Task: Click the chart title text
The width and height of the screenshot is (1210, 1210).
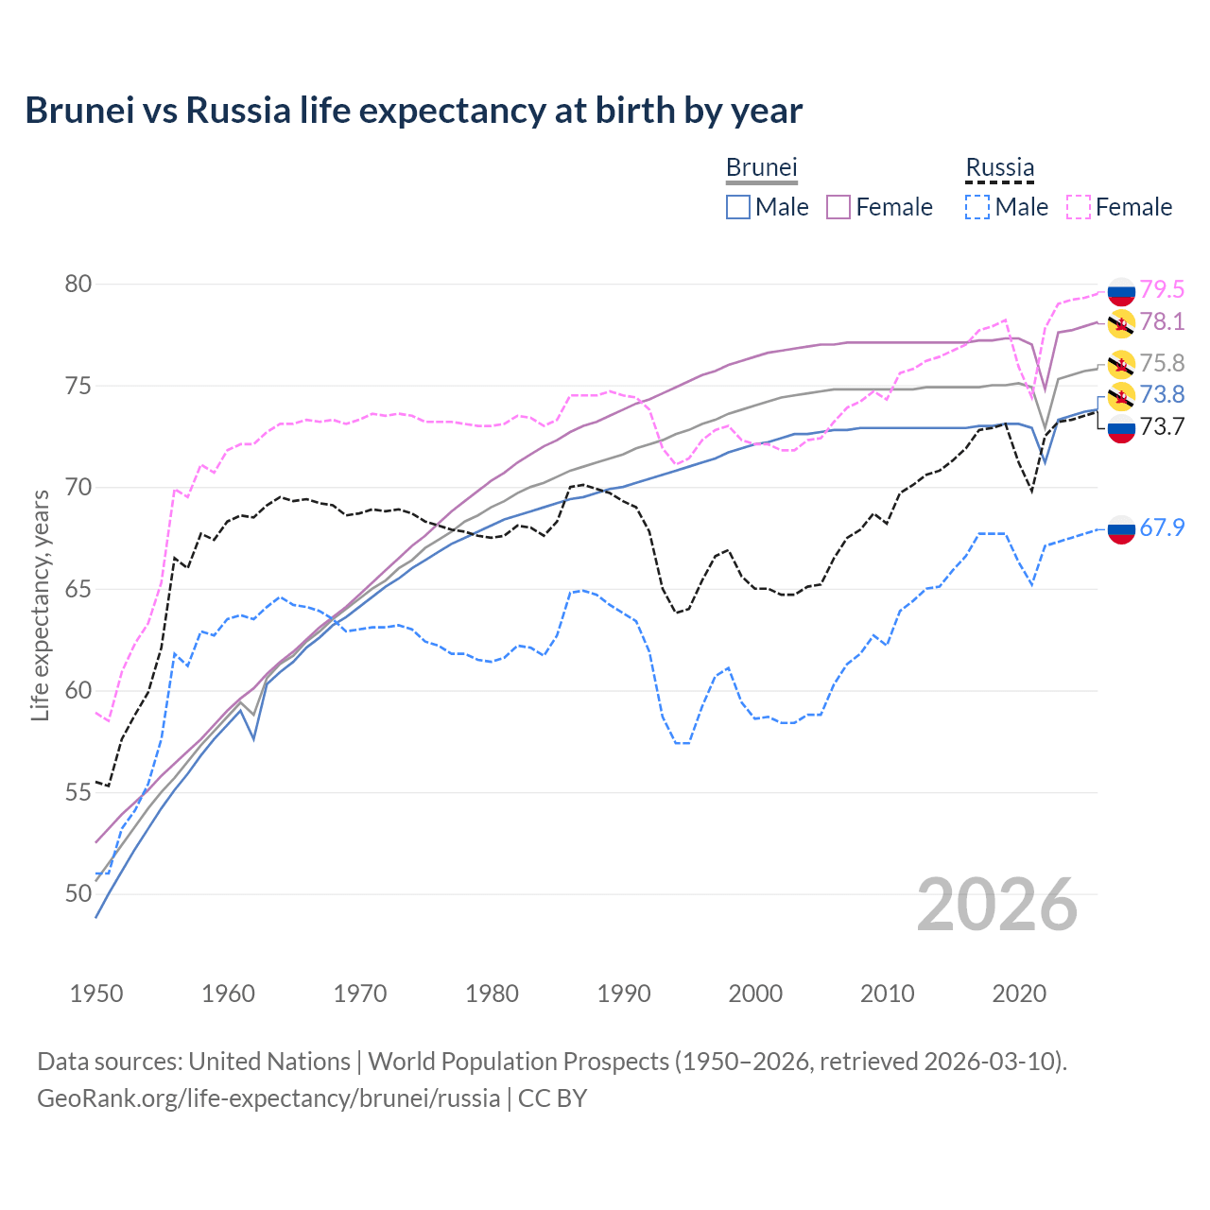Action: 413,110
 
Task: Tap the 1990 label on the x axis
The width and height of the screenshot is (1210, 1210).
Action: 624,994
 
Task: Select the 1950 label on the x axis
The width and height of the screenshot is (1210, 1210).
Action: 96,994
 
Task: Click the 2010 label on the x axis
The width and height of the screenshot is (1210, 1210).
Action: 887,994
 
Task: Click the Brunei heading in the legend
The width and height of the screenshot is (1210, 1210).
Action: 761,167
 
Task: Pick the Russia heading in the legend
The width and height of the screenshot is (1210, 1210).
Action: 999,167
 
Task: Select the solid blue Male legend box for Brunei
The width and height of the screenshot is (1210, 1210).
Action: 738,207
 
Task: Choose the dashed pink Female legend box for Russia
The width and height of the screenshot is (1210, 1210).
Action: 1079,207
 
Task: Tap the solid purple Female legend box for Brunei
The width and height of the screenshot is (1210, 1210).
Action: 838,207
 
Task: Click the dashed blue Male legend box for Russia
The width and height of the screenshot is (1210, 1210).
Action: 977,207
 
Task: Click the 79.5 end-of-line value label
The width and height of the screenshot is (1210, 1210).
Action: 1162,289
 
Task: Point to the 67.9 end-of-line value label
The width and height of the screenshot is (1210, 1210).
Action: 1162,527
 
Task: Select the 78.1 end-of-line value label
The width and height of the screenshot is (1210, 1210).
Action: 1162,322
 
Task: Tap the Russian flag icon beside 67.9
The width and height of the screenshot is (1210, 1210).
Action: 1121,529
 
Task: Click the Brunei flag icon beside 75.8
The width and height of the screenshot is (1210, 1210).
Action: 1121,364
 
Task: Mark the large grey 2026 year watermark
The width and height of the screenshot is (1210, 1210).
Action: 997,905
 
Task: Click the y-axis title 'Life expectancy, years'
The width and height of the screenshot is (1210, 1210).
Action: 40,605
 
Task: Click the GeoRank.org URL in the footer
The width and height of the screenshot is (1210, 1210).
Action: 268,1098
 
